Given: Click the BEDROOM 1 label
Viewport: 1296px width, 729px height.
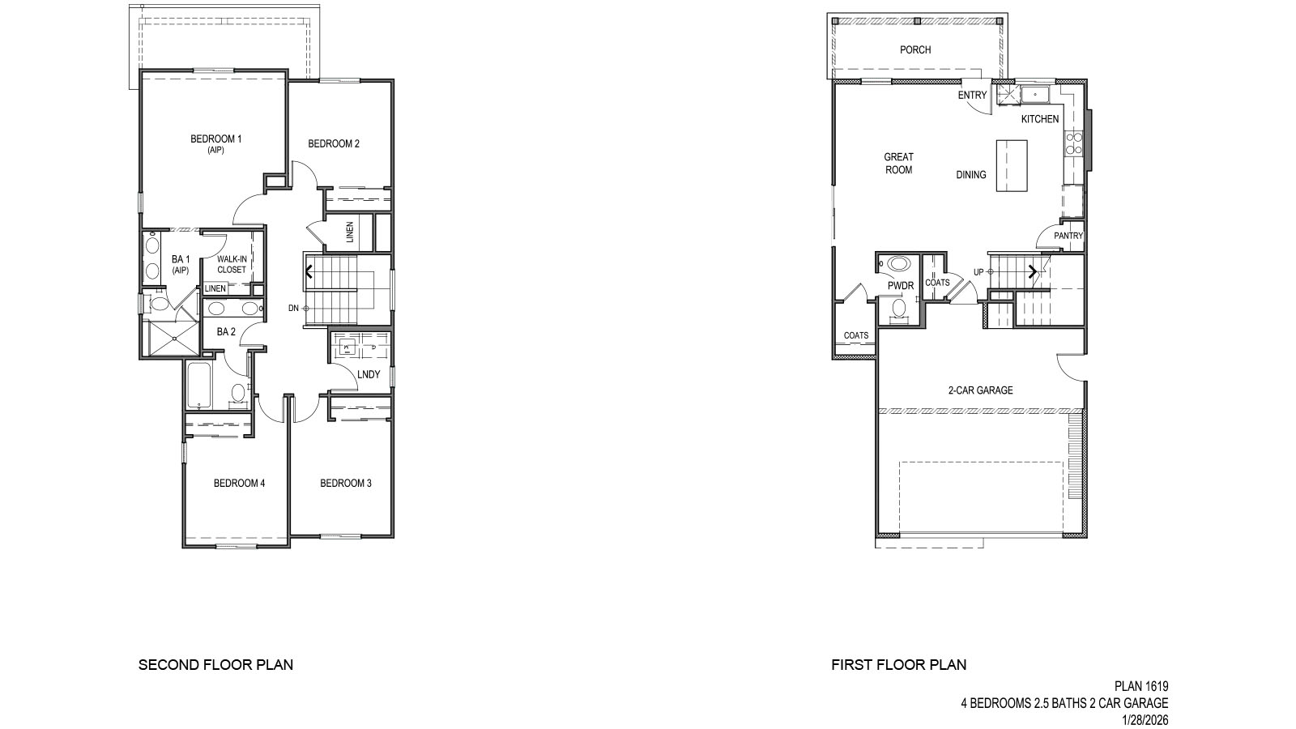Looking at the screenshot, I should [215, 139].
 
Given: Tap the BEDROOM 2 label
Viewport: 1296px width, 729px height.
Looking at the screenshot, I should [334, 144].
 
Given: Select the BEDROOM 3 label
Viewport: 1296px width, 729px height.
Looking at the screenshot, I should [346, 484].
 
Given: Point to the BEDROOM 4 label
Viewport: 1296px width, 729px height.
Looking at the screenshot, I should [239, 484].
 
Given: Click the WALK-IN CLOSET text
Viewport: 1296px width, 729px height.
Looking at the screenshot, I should [232, 265].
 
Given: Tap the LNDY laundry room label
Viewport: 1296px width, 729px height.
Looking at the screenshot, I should [369, 374].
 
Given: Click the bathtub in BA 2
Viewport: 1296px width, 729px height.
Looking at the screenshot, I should [199, 386].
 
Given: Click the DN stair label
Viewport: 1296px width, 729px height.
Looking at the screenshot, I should [293, 309].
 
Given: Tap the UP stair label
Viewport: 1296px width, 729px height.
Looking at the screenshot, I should [978, 272].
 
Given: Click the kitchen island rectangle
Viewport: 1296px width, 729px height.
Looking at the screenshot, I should [1012, 165].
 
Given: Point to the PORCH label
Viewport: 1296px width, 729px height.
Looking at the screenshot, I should [915, 50].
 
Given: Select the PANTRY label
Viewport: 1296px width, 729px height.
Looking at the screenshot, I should [1068, 236].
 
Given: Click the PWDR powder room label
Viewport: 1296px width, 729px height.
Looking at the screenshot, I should [901, 286].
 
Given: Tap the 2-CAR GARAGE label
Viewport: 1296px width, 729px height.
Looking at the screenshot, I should [980, 390].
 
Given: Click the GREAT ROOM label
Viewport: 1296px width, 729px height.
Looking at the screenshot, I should [898, 164].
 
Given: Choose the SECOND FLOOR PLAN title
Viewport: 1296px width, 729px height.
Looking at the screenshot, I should [215, 665].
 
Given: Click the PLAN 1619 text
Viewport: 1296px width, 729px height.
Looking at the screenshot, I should [1141, 687].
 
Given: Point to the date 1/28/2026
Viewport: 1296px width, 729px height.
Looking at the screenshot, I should [1145, 719].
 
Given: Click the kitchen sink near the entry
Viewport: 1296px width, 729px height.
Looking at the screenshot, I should [1034, 96].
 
